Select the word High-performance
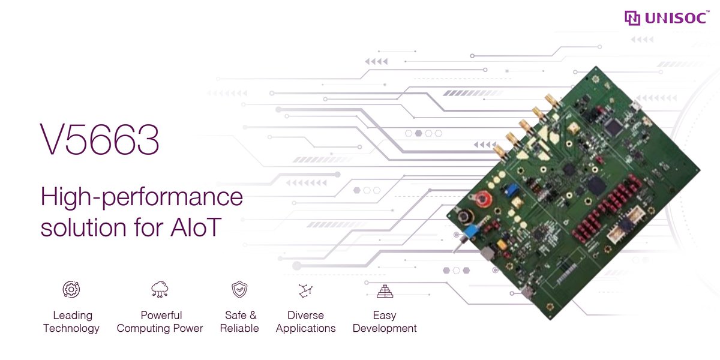click(142, 197)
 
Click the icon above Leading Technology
click(71, 290)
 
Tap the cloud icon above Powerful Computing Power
click(160, 290)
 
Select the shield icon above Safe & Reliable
click(239, 290)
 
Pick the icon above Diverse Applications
click(305, 290)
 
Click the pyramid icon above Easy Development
click(385, 290)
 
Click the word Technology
click(71, 328)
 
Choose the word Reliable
click(239, 328)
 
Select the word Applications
click(305, 328)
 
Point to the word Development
click(385, 328)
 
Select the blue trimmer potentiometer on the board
click(513, 190)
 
